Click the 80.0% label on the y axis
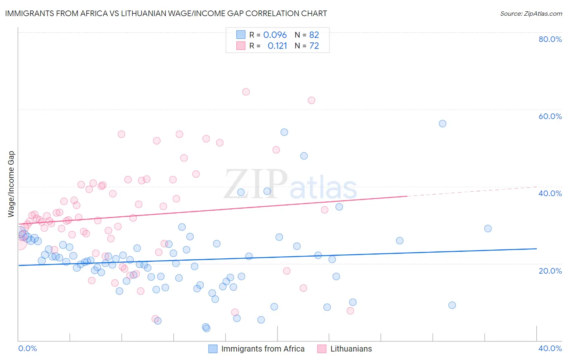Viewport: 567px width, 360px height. pos(550,39)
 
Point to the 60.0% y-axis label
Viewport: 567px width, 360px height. pos(550,116)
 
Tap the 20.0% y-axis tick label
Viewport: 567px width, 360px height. pos(550,270)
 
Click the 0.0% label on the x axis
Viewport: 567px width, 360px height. pos(27,348)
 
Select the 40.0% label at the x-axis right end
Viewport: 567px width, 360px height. pos(550,348)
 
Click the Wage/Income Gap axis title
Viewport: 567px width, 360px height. pos(11,184)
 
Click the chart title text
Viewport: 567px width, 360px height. pos(166,13)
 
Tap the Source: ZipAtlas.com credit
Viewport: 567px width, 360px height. pos(531,13)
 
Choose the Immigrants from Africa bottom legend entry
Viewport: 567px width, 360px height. pos(263,349)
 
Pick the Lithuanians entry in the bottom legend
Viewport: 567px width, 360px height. pos(351,349)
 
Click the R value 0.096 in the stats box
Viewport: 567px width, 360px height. pos(275,35)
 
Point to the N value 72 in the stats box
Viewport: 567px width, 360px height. pos(314,46)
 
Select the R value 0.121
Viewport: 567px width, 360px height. pos(277,46)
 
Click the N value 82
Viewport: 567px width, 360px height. pos(314,35)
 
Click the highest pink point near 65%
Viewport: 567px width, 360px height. pos(246,92)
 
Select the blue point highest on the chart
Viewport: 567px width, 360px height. pos(442,123)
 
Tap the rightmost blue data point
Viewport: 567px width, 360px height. pos(488,228)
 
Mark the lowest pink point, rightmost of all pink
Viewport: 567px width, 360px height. pos(350,311)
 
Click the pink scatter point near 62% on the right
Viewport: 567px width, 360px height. pos(311,100)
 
